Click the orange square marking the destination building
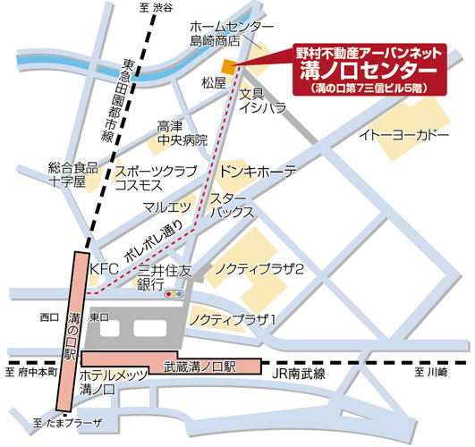click(x=229, y=67)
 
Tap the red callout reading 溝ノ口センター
click(x=369, y=69)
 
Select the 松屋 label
click(x=215, y=83)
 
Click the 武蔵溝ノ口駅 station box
click(x=199, y=366)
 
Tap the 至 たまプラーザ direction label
click(x=66, y=422)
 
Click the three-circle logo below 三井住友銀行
click(x=174, y=293)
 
